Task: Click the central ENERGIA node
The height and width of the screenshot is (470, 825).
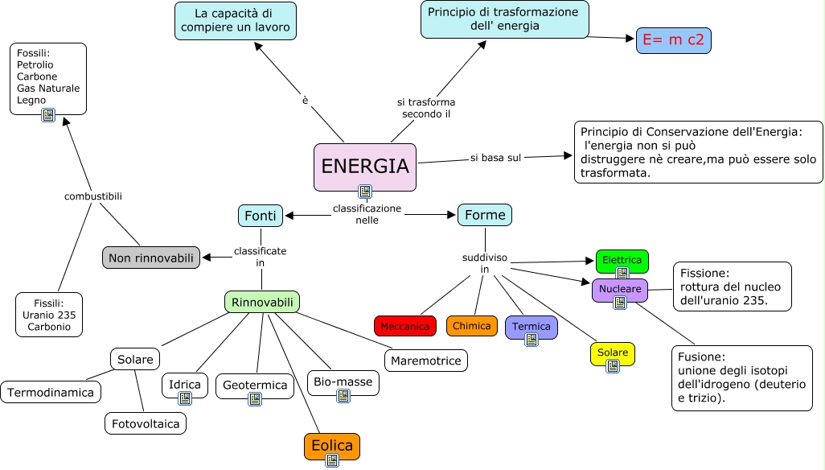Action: pos(364,167)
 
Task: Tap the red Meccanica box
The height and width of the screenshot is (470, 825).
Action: pos(405,326)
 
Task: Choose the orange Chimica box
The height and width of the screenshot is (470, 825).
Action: pos(472,326)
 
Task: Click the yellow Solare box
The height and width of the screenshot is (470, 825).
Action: pos(613,352)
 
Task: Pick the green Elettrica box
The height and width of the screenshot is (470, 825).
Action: pos(622,260)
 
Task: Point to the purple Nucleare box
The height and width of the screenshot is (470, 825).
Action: pos(620,288)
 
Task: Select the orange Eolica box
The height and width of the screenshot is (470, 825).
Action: pos(332,445)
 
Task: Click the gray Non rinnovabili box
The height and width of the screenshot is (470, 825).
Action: pos(151,258)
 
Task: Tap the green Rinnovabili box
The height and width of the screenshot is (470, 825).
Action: pos(262,302)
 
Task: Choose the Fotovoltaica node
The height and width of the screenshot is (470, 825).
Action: pos(146,423)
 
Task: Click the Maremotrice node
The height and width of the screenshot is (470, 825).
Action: pos(426,361)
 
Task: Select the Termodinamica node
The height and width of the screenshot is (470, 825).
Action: pos(51,393)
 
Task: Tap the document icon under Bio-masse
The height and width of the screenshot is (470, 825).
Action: pos(343,396)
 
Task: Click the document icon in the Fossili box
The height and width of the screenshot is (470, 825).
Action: pos(48,115)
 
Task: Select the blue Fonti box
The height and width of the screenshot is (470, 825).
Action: pos(260,216)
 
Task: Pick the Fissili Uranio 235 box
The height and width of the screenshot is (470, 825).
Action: pos(49,315)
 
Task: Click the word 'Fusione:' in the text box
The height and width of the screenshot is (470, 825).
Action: pos(701,357)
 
